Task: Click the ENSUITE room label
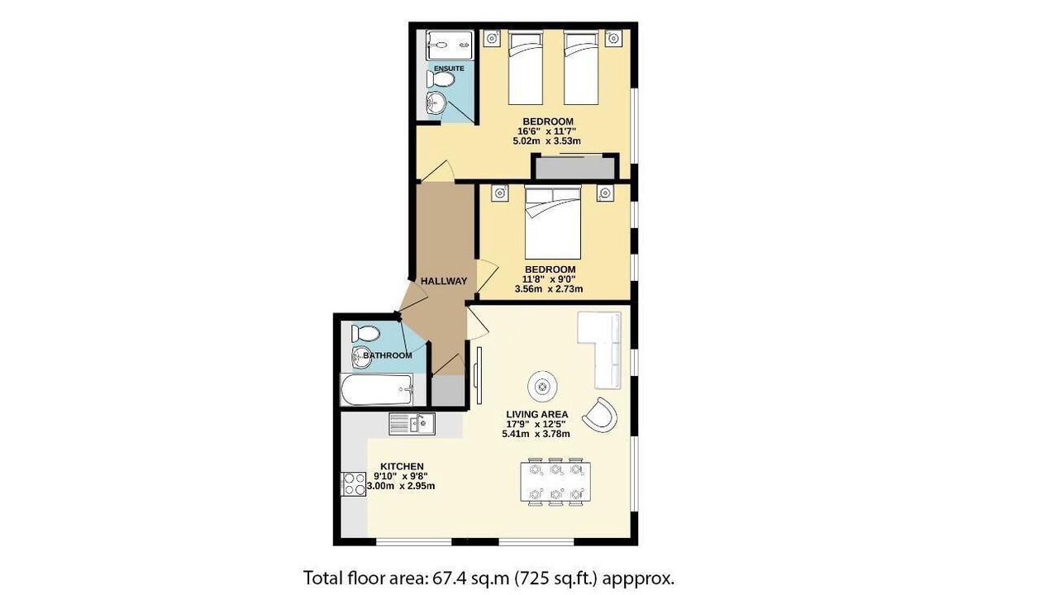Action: (x=449, y=69)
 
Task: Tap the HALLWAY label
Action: (x=444, y=281)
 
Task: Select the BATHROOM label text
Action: (x=388, y=355)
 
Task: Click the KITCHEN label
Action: (x=402, y=467)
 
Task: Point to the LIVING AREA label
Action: (x=536, y=415)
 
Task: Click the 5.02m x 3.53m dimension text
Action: (x=546, y=140)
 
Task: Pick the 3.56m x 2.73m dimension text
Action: (x=548, y=289)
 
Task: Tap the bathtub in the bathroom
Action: (x=377, y=389)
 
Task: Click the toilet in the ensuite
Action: (x=441, y=79)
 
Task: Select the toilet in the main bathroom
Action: (x=365, y=333)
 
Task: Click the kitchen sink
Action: (x=412, y=424)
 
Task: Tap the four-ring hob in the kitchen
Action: (x=354, y=484)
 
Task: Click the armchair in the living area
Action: (x=600, y=416)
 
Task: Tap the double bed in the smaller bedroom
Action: (x=553, y=222)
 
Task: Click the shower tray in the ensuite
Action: (x=449, y=45)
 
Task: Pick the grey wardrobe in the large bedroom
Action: (x=574, y=168)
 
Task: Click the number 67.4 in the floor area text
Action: (x=450, y=578)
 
